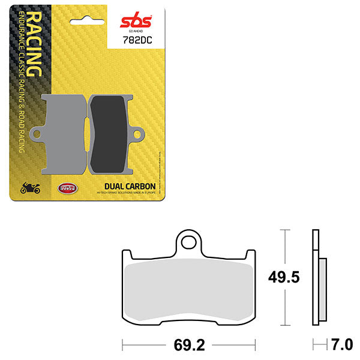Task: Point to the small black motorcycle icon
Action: point(30,188)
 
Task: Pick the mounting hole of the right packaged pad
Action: point(139,134)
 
